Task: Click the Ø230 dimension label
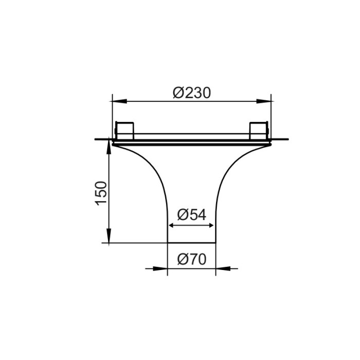pos(192,93)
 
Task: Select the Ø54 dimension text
pos(191,214)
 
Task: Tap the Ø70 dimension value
pos(191,259)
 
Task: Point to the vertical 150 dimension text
pos(101,193)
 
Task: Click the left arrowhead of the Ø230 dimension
pos(116,101)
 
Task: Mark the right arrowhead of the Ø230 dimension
pos(267,101)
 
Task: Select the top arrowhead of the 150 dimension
pos(109,144)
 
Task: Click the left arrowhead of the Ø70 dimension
pos(164,268)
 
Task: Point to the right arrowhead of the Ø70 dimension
pos(220,268)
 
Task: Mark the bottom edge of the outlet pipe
pos(192,243)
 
